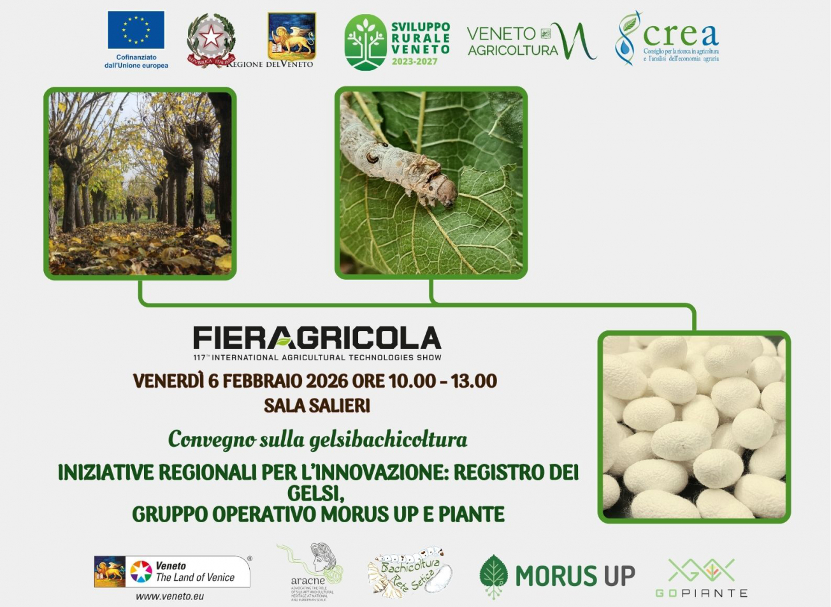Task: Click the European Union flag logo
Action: pos(136,30)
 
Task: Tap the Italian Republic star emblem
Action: pos(210,38)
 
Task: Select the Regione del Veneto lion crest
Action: pos(291,36)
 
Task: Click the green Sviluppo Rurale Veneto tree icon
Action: pos(365,42)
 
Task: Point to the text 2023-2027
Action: pos(414,62)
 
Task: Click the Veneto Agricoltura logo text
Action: pos(513,41)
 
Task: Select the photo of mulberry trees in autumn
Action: pos(140,183)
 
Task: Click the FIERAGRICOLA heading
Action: pos(317,338)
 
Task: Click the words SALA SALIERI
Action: pos(317,406)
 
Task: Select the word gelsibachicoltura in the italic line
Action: pos(388,439)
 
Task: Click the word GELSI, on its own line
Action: pos(317,494)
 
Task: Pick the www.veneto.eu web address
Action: pos(170,596)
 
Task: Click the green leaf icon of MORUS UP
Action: pos(493,576)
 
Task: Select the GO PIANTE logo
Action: pos(700,578)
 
